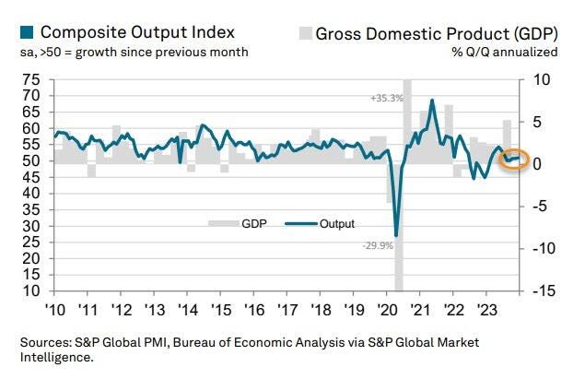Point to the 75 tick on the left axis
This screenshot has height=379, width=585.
click(x=30, y=81)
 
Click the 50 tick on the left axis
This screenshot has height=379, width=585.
click(x=30, y=160)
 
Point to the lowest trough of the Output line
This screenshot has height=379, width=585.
click(x=396, y=236)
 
